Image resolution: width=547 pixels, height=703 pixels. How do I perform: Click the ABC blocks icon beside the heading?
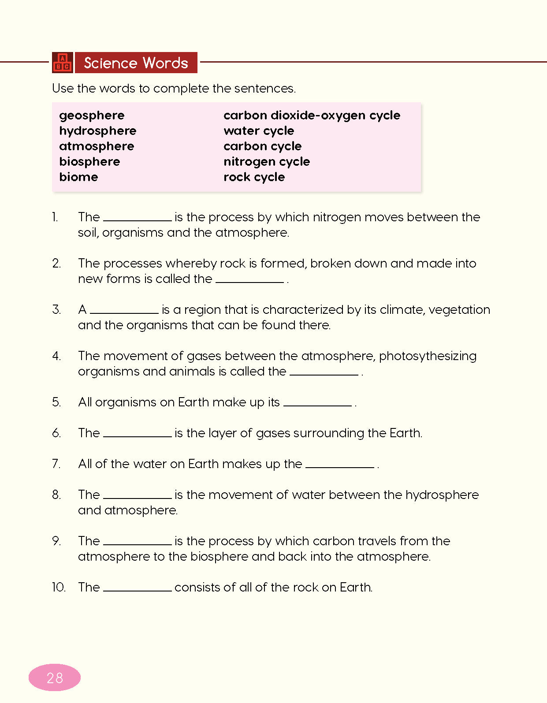(x=62, y=62)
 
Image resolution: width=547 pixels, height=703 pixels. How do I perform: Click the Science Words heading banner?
(x=136, y=63)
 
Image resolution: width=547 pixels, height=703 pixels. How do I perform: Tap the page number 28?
(x=55, y=677)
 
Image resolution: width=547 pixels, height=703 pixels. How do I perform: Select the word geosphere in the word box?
(x=92, y=115)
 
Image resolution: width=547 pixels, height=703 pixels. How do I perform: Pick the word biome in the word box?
(x=78, y=177)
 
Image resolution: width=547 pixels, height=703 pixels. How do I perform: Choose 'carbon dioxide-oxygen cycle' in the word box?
(x=312, y=115)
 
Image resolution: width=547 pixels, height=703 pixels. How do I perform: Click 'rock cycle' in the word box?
(x=254, y=177)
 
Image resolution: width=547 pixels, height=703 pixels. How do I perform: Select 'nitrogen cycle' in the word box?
(x=267, y=162)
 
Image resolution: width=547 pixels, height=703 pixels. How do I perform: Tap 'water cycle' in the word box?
(x=259, y=131)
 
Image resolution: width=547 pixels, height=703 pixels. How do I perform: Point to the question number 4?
(x=56, y=356)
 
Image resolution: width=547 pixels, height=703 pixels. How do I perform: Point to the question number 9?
(x=56, y=541)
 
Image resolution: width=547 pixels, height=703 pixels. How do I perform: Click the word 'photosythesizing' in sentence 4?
(x=428, y=356)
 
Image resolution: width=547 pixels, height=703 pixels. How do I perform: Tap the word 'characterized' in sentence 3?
(x=302, y=310)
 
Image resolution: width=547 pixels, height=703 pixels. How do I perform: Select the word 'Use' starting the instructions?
(x=63, y=89)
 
